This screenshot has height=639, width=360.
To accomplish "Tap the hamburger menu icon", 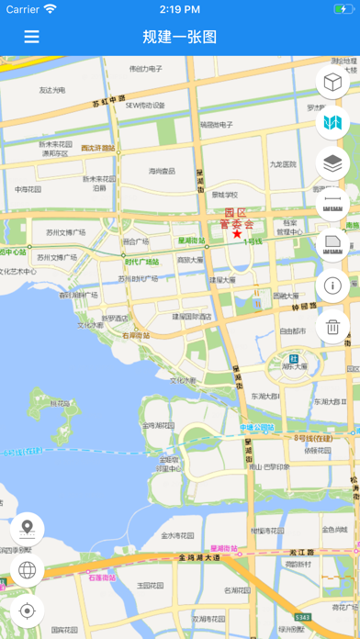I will (x=32, y=37).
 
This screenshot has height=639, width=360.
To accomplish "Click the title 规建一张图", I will (x=180, y=37).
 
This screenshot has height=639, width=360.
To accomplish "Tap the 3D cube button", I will (x=332, y=82).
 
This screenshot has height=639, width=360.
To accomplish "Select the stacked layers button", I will (x=332, y=163).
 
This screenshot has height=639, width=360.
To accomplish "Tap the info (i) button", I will (x=332, y=286).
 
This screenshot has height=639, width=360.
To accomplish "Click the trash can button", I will (x=332, y=326).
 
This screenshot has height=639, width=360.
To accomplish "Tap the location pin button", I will (x=27, y=529).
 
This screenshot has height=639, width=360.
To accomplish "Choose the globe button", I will (x=27, y=570).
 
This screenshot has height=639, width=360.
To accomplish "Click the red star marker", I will (x=237, y=234).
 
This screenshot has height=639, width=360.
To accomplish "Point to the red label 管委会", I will (x=238, y=222).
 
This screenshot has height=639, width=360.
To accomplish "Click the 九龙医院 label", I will (x=283, y=164).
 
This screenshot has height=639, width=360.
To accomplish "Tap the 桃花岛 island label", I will (x=60, y=402).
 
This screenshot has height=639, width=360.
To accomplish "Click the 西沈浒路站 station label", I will (x=97, y=148).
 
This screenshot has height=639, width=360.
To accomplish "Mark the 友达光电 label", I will (x=52, y=90).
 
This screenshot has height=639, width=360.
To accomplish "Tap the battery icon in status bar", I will (x=332, y=9).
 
